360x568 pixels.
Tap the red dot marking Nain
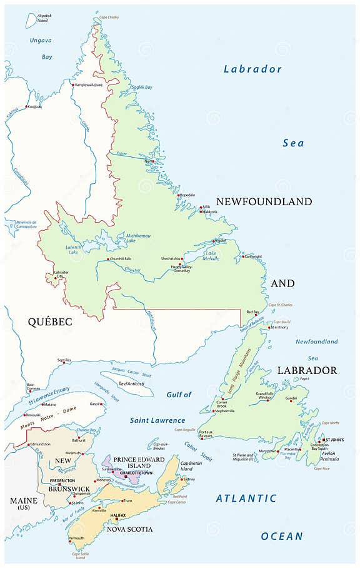tap(152, 161)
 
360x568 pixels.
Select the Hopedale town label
tap(187, 195)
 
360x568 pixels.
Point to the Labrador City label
tap(62, 275)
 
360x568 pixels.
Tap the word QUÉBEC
tap(49, 322)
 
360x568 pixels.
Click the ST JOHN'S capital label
tap(332, 440)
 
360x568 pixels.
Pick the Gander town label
tap(291, 397)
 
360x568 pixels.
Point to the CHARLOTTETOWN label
tap(133, 473)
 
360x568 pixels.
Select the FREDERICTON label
tap(62, 481)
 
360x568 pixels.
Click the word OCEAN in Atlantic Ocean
tap(281, 536)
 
